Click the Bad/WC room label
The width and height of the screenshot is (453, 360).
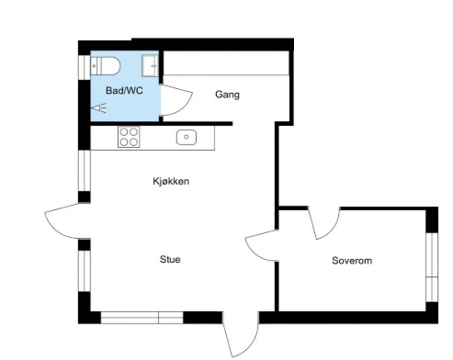(x=124, y=91)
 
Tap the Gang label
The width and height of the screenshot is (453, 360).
(x=227, y=95)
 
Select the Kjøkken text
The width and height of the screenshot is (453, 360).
(x=171, y=181)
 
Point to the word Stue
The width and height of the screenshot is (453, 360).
(x=170, y=259)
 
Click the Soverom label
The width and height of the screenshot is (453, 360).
(x=352, y=261)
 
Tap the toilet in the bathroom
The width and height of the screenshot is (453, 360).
(x=105, y=66)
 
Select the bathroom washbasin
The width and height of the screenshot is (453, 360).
(x=150, y=65)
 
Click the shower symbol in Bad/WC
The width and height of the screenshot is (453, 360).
(x=99, y=108)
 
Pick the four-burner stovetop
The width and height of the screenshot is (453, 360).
(x=129, y=137)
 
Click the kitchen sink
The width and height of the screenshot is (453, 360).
(x=187, y=137)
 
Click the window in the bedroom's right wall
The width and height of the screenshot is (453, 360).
(x=432, y=267)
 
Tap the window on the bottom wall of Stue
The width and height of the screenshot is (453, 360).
(x=142, y=318)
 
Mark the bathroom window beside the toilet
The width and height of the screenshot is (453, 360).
(x=85, y=67)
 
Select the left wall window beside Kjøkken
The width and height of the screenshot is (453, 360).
(x=85, y=171)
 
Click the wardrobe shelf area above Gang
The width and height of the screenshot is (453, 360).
(x=226, y=63)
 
